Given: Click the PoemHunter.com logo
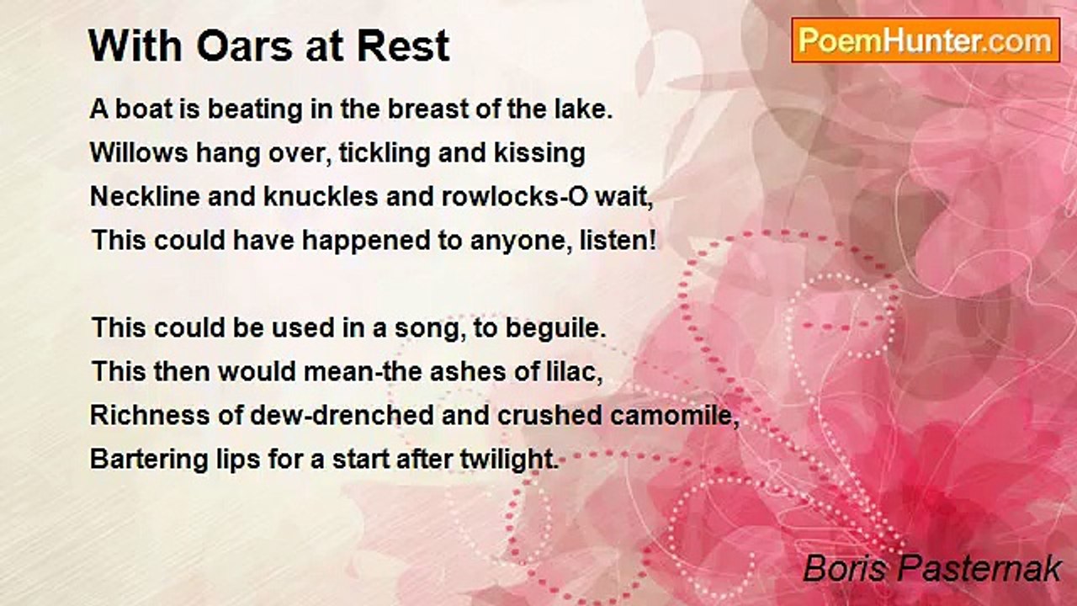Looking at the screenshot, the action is pos(926,40).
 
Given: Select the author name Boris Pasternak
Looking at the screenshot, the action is pos(932,568).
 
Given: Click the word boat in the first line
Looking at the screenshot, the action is pos(144,109).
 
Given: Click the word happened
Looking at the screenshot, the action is pos(366,242).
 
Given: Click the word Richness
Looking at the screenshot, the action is pos(150,415).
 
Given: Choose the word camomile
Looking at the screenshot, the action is pos(674,415).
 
